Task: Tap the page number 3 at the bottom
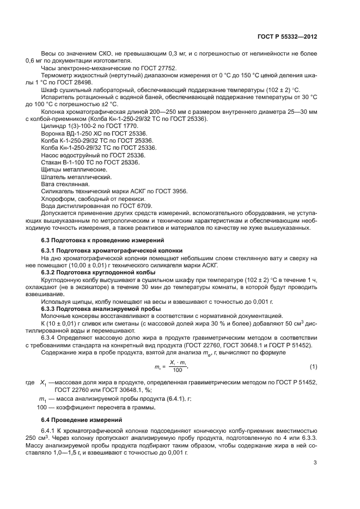315,463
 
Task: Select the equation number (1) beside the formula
313,365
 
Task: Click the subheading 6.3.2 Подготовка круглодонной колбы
98,272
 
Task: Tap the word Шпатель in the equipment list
56,177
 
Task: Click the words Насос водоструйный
71,155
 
